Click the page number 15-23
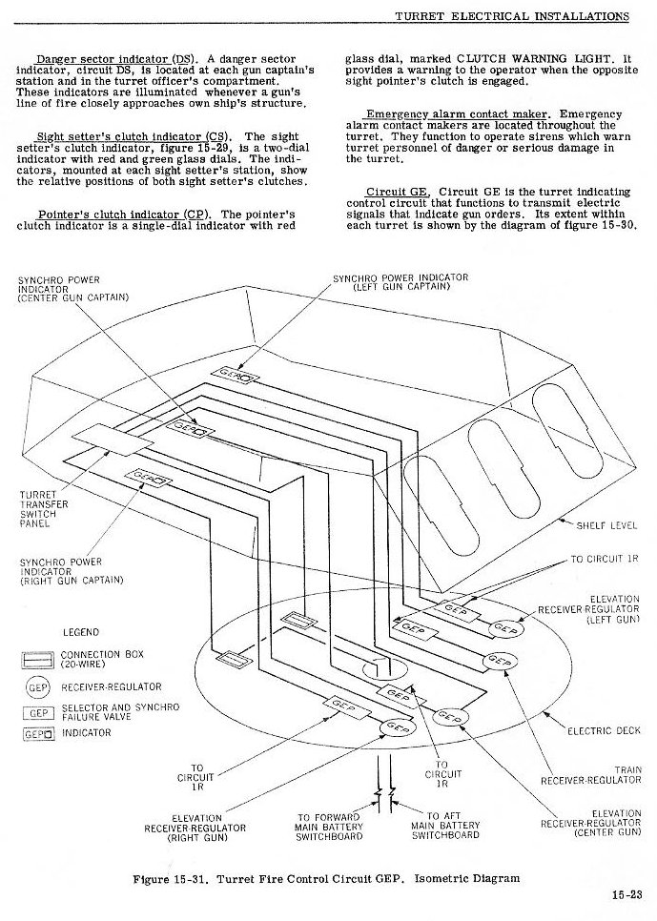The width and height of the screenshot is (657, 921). click(x=627, y=895)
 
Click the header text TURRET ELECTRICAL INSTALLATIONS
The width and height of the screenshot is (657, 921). click(x=511, y=16)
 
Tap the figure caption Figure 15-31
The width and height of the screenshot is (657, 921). click(x=329, y=878)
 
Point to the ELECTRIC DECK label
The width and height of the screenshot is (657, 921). click(x=604, y=731)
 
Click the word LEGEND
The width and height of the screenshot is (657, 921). click(x=81, y=632)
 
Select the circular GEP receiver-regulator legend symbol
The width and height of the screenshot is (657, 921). click(x=37, y=687)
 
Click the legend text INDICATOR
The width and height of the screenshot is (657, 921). click(x=87, y=733)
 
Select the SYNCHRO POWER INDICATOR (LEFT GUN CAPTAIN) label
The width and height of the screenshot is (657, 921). click(x=400, y=282)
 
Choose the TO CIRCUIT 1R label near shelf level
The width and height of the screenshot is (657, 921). click(x=605, y=558)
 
